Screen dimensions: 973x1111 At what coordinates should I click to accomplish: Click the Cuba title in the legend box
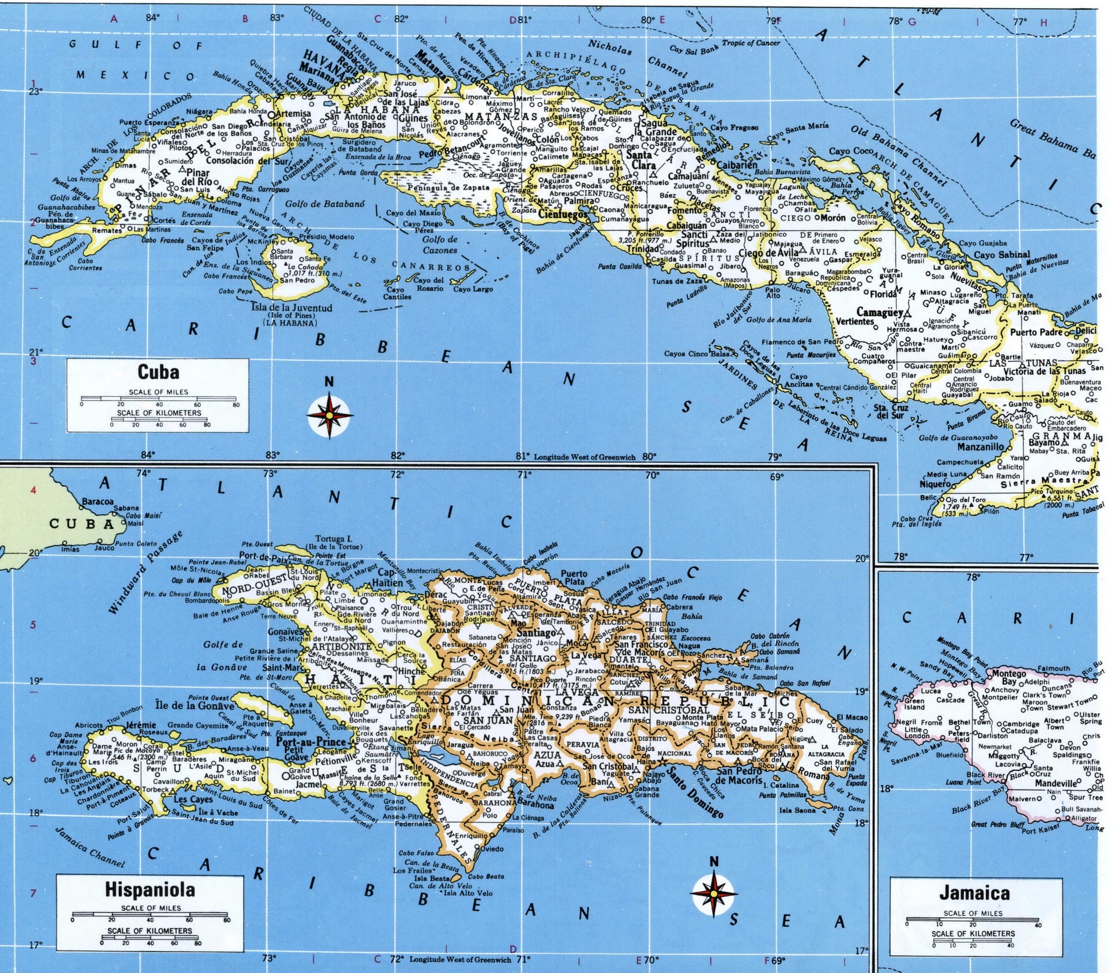point(158,372)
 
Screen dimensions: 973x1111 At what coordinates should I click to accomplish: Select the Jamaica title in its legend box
point(975,893)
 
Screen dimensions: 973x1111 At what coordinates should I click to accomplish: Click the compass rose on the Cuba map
point(330,415)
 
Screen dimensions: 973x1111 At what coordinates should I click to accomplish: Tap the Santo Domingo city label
point(695,792)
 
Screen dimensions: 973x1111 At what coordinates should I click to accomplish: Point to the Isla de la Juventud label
point(291,308)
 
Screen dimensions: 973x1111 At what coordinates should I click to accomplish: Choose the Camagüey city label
point(880,312)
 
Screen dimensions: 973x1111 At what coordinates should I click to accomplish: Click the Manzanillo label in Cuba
point(980,447)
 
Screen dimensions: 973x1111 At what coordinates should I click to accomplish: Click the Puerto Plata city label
point(573,577)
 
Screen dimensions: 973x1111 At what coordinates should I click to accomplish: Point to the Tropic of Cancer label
point(750,43)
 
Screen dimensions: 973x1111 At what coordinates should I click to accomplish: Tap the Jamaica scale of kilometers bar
point(972,942)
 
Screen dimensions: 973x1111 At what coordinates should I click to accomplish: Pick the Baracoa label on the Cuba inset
point(97,501)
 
